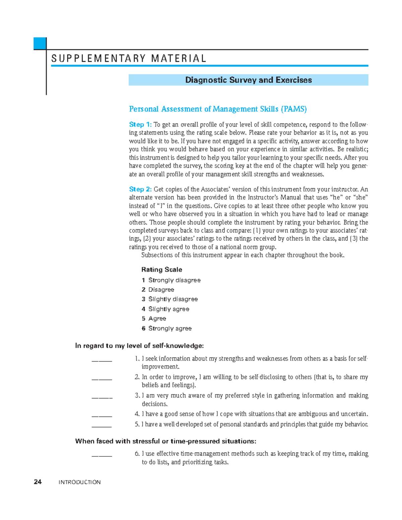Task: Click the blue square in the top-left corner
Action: [x=40, y=44]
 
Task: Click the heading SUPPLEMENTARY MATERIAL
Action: [x=129, y=59]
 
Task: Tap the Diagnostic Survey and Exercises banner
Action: [x=248, y=80]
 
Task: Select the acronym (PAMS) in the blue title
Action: [x=294, y=109]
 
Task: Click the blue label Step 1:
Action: [x=140, y=125]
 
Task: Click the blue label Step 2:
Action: [x=140, y=190]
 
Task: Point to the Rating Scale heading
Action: [x=161, y=270]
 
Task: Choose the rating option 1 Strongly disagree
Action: [x=171, y=280]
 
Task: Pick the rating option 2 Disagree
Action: [x=158, y=290]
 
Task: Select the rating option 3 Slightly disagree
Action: [x=170, y=299]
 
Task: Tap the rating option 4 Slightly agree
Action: [x=165, y=309]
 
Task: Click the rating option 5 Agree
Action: [x=154, y=318]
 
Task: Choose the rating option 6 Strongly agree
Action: [x=166, y=328]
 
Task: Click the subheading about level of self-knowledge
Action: [x=139, y=346]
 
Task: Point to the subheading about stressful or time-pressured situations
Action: [x=165, y=441]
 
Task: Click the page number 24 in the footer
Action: [x=38, y=482]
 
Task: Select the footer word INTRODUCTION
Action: [x=79, y=482]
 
